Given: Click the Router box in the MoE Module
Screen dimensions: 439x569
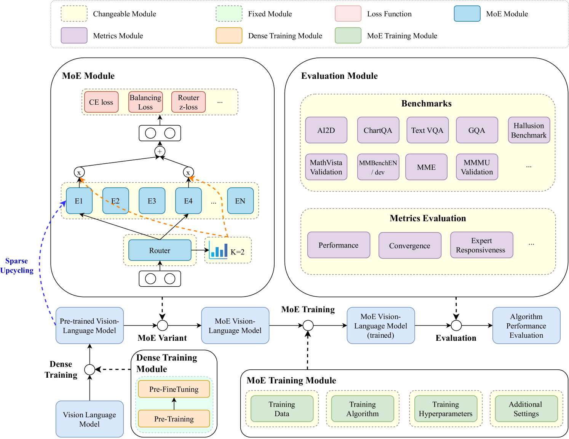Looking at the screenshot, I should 160,250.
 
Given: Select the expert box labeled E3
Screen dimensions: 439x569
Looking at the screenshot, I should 152,201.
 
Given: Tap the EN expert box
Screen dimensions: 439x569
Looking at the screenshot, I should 240,201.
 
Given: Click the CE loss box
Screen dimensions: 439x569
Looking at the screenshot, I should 101,102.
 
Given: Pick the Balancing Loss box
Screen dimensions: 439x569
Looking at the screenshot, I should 145,102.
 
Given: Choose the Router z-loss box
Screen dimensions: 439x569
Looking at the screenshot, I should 189,102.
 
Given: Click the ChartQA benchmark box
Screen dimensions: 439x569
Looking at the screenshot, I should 378,130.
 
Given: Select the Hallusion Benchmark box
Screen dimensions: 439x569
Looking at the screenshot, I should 529,130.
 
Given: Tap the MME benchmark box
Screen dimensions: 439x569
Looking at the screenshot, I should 426,167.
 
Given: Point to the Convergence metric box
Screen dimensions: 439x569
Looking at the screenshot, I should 410,246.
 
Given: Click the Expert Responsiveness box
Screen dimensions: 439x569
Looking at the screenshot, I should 481,245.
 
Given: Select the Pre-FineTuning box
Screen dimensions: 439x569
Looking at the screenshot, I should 174,389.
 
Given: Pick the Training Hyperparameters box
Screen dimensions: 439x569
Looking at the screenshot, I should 446,409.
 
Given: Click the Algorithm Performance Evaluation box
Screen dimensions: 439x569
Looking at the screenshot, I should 526,326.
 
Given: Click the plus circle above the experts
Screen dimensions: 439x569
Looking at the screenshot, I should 160,152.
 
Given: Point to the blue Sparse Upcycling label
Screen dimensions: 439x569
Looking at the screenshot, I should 17,265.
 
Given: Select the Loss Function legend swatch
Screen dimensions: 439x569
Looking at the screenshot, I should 348,14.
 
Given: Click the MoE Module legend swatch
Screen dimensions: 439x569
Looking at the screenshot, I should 467,14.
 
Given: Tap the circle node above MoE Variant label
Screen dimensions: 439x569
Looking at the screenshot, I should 163,326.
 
